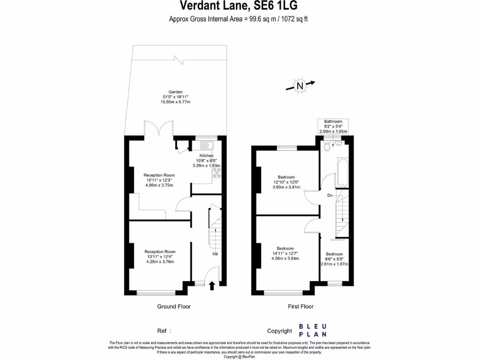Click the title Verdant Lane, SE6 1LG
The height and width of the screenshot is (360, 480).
click(x=239, y=6)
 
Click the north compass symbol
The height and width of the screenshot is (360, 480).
click(x=300, y=85)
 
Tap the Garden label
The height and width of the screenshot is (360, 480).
click(x=176, y=92)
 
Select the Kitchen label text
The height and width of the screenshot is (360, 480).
click(x=206, y=156)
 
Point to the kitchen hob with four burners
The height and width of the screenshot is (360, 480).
click(x=217, y=174)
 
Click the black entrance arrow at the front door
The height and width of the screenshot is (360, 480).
click(x=211, y=285)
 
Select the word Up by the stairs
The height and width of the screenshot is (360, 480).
click(x=216, y=254)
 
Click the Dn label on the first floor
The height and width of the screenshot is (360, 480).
click(x=330, y=195)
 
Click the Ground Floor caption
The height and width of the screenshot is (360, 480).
click(x=173, y=307)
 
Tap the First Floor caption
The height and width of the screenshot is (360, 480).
click(x=300, y=307)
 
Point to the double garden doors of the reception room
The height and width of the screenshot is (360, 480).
click(x=158, y=130)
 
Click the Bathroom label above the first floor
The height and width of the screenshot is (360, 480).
click(x=333, y=121)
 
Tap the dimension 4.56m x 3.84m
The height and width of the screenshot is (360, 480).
click(x=285, y=258)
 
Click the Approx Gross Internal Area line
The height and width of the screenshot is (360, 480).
click(x=239, y=19)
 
